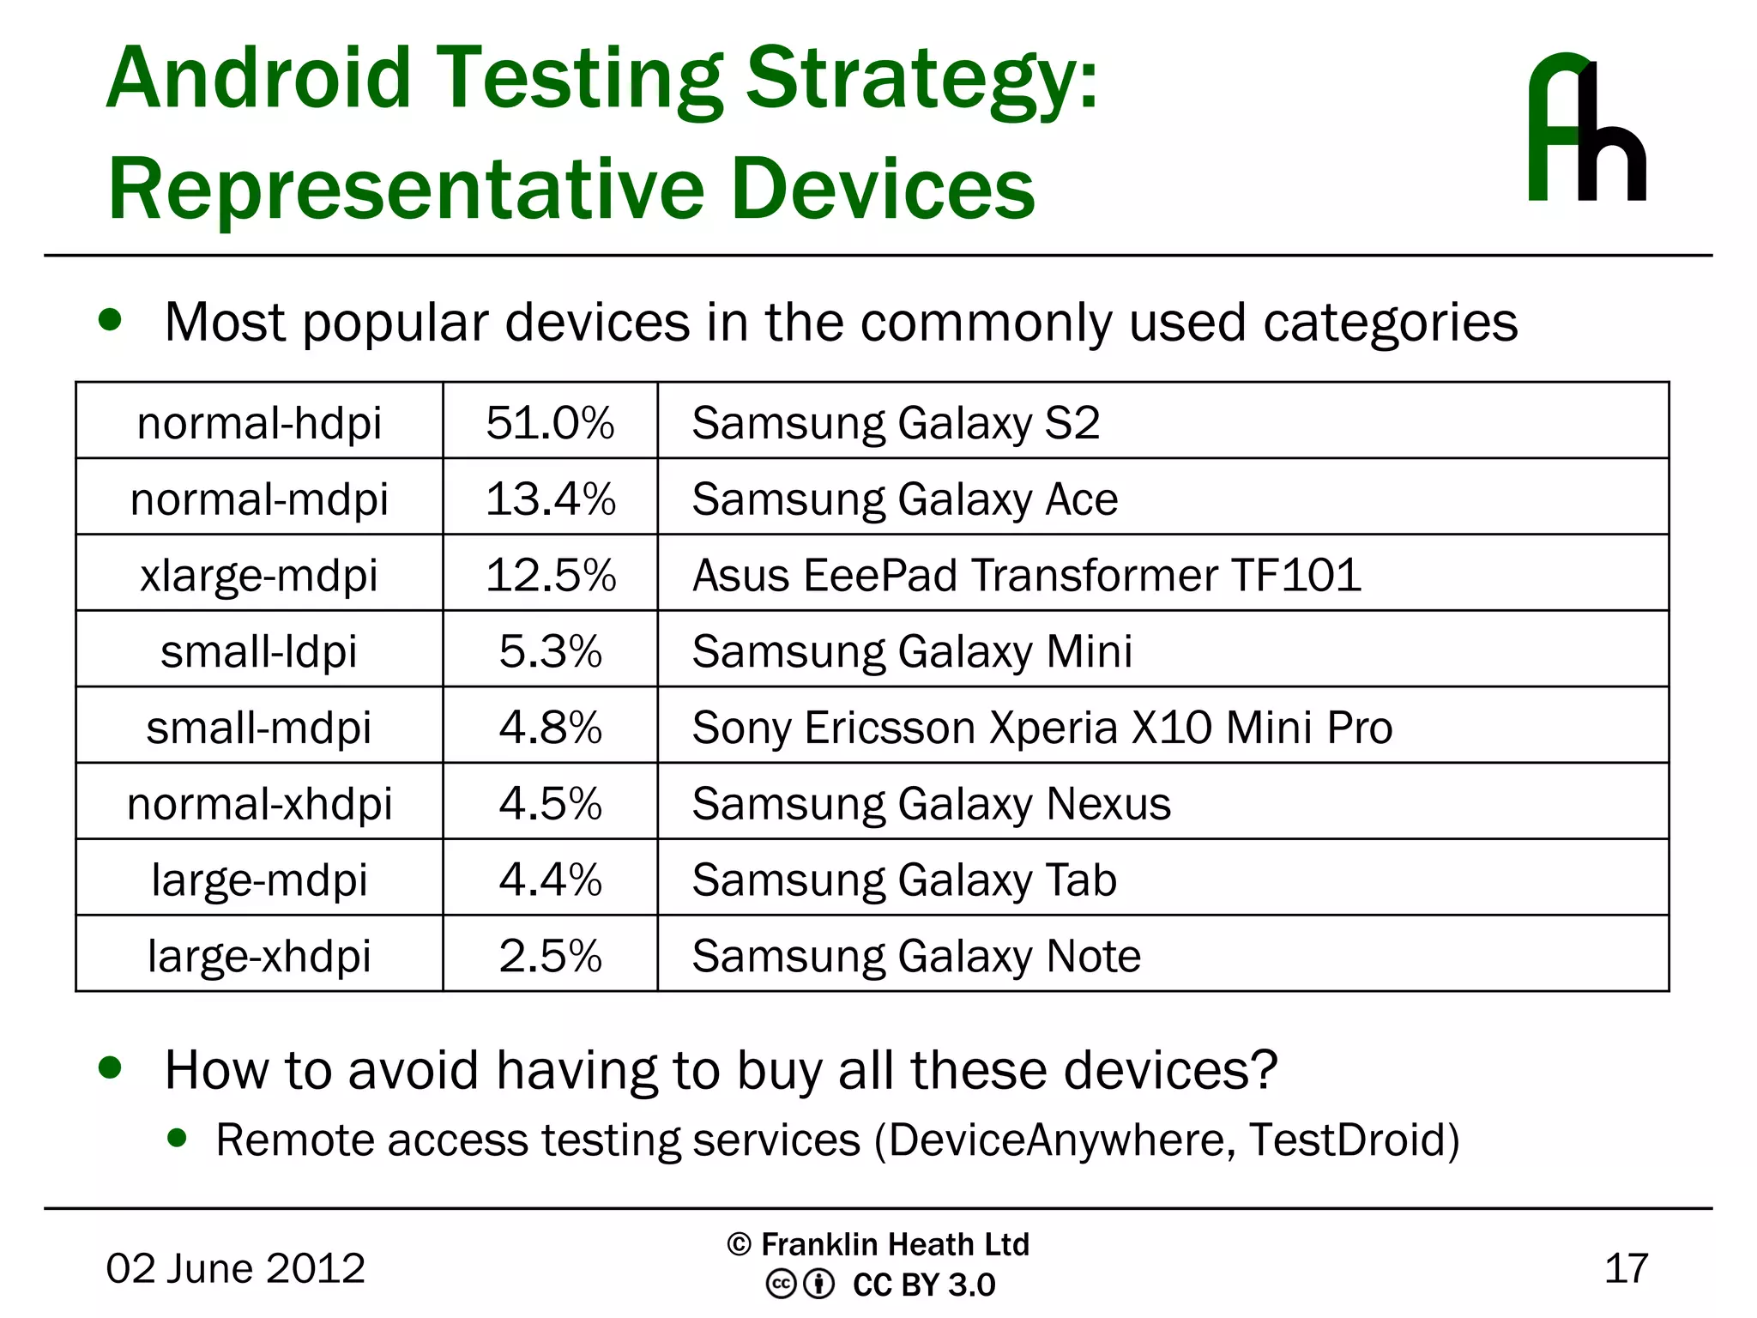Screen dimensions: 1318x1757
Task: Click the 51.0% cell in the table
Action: pyautogui.click(x=550, y=422)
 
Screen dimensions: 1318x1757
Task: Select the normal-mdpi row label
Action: pyautogui.click(x=259, y=499)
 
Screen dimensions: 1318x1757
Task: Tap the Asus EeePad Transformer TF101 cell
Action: pyautogui.click(x=1026, y=575)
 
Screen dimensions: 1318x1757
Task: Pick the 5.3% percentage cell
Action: pyautogui.click(x=550, y=651)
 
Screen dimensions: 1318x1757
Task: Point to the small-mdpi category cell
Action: pyautogui.click(x=259, y=728)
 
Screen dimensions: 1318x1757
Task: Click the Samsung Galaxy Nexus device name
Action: pyautogui.click(x=931, y=804)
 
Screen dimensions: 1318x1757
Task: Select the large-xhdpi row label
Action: pyautogui.click(x=259, y=956)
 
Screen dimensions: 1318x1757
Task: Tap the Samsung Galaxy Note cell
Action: pyautogui.click(x=916, y=956)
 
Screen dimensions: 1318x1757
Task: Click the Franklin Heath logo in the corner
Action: pyautogui.click(x=1586, y=129)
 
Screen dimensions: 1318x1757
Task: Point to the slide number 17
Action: pyautogui.click(x=1626, y=1268)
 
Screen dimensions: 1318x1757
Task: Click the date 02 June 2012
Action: pyautogui.click(x=235, y=1268)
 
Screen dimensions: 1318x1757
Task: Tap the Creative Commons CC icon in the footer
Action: pyautogui.click(x=781, y=1285)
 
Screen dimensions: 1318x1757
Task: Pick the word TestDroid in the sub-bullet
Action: pyautogui.click(x=1347, y=1140)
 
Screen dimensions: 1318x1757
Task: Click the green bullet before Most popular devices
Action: pyautogui.click(x=110, y=320)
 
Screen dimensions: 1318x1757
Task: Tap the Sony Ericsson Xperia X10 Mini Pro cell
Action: pyautogui.click(x=1042, y=728)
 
